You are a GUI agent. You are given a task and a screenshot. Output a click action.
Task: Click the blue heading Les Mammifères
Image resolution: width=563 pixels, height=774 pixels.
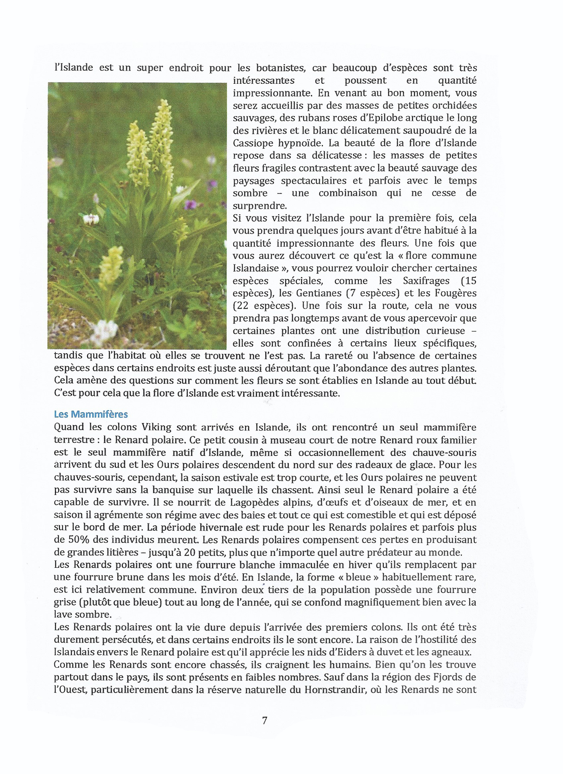91,414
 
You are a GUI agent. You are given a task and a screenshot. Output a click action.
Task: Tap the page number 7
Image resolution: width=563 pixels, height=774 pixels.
265,720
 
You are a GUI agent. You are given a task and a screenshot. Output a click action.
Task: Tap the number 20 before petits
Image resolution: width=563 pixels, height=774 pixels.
189,552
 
